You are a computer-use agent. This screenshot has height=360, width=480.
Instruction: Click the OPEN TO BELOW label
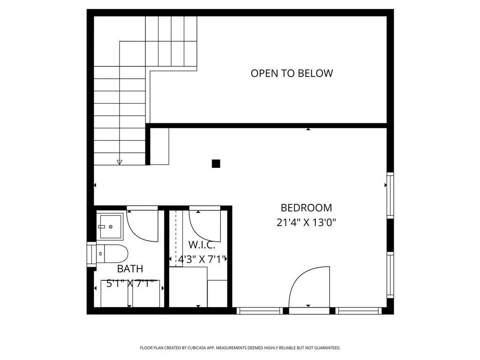(x=292, y=74)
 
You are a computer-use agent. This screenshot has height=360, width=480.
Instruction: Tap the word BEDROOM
(x=306, y=208)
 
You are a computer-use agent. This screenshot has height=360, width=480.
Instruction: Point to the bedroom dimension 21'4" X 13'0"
(x=306, y=222)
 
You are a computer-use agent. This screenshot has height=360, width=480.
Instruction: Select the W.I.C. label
(x=202, y=245)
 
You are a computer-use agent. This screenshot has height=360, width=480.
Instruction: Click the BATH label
(x=130, y=269)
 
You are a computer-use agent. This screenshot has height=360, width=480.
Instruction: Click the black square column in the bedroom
(x=216, y=164)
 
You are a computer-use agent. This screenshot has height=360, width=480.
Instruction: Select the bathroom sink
(x=110, y=226)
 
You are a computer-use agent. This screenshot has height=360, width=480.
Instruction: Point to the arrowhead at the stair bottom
(x=120, y=162)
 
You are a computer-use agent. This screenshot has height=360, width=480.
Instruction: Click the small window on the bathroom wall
(x=91, y=255)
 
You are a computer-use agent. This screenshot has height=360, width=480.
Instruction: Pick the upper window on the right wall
(x=390, y=195)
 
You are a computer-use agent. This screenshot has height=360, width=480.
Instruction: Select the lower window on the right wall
(x=390, y=275)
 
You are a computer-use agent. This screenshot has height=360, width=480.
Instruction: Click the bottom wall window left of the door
(x=260, y=311)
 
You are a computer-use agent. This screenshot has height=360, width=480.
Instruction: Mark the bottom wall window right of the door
(x=359, y=311)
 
